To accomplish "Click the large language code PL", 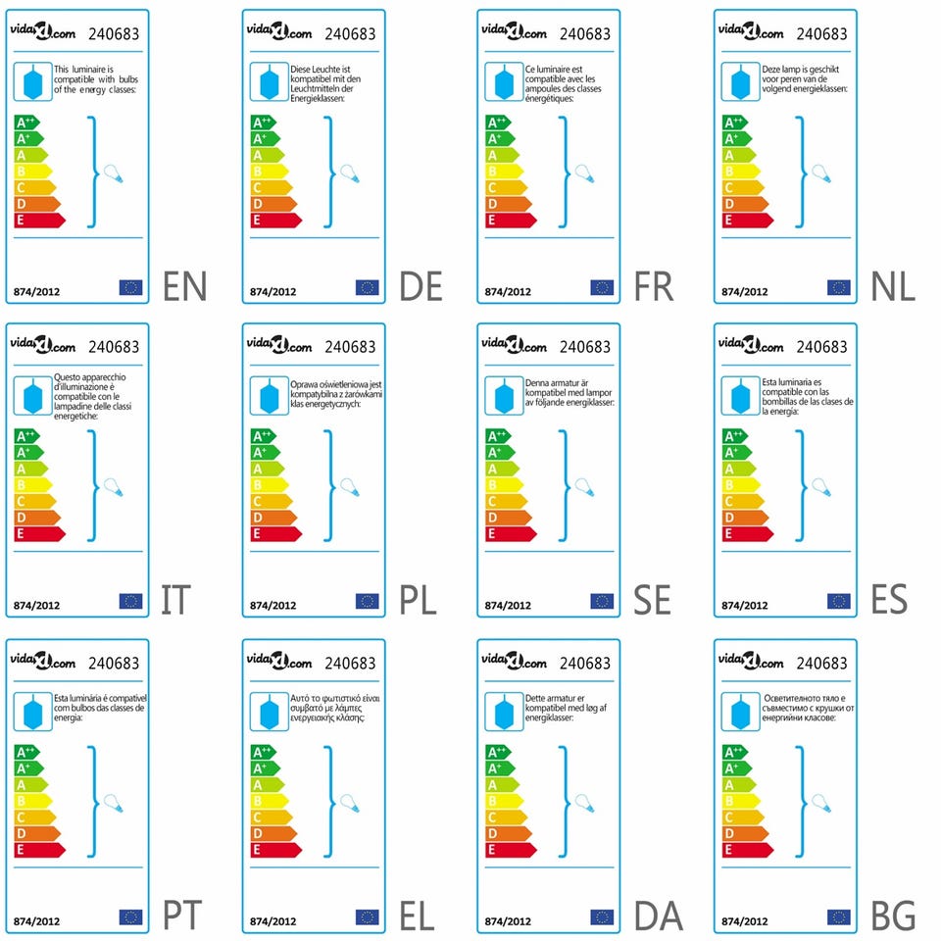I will coord(419,599).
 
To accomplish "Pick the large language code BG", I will coord(893,916).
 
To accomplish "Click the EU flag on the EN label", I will coord(130,287).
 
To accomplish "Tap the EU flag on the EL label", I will coord(367,917).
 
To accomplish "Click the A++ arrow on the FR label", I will coord(500,123).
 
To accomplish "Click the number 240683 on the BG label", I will coord(821,664).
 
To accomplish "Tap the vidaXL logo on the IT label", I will coord(43,346).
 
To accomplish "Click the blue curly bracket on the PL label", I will coord(329,485).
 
